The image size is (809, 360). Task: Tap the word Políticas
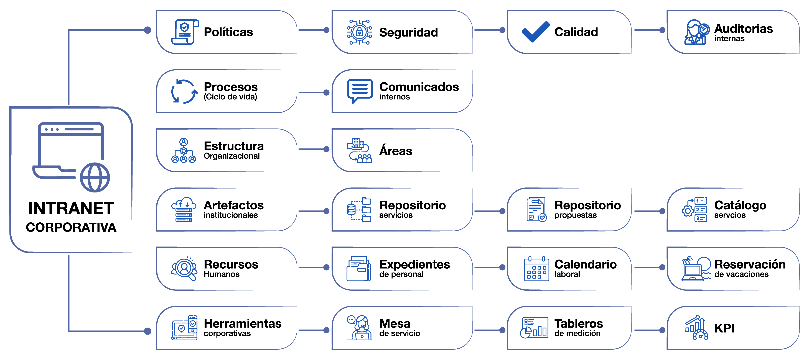coord(228,32)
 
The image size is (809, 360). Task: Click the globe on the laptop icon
coord(95,177)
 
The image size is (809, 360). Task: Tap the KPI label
coord(724,328)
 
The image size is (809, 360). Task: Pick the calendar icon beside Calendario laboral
coord(536,269)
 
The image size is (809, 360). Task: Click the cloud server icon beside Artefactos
coord(184,209)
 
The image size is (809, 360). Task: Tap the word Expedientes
coord(414,265)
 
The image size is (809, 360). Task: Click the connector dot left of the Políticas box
coord(148,30)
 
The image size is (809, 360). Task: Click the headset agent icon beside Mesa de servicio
coord(360,328)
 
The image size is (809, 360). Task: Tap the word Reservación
coord(750,265)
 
